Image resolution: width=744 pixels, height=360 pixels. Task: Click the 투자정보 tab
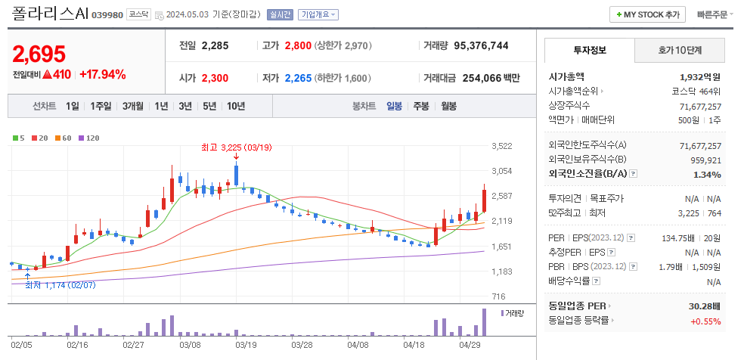[589, 51]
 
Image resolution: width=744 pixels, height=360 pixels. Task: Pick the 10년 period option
[236, 107]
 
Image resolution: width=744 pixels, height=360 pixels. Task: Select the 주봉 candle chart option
[421, 107]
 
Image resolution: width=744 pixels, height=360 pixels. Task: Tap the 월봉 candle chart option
[449, 107]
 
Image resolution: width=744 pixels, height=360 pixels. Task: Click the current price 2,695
[39, 54]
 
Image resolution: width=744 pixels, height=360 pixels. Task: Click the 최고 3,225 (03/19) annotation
[235, 147]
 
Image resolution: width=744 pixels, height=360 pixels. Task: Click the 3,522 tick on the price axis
[501, 146]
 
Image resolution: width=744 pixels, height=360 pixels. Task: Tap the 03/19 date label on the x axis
[246, 343]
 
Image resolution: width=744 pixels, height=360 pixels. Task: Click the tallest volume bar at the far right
[485, 321]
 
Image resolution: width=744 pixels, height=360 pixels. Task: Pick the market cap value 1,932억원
[700, 76]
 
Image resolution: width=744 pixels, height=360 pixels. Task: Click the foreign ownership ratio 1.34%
[708, 174]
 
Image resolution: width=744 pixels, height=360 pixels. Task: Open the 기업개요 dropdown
[318, 14]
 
